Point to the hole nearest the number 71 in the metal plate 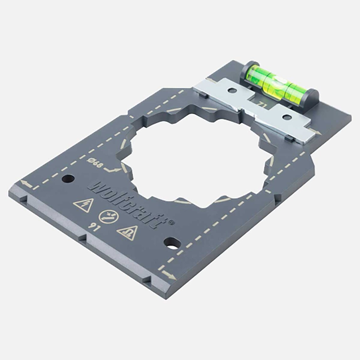tap(286, 117)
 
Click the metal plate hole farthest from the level tap(232, 91)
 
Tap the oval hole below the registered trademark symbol tap(171, 243)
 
